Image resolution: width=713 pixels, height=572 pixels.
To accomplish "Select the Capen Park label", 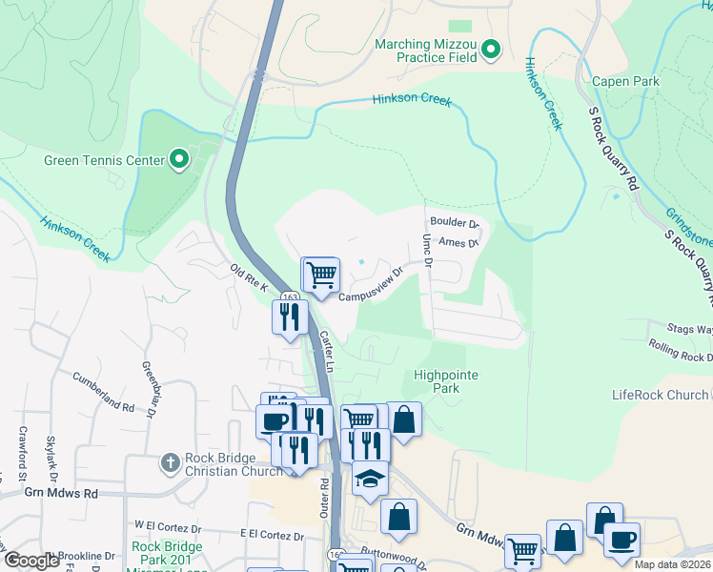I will (x=625, y=82).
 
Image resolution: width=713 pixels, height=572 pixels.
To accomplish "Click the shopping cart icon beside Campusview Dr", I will (x=321, y=275).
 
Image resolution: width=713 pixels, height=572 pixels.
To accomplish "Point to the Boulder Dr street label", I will (x=454, y=224).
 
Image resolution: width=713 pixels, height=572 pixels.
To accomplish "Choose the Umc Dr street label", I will (x=428, y=250).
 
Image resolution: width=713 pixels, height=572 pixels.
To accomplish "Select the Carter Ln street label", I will (x=326, y=351).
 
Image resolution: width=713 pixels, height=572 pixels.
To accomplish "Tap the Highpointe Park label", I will (x=446, y=381).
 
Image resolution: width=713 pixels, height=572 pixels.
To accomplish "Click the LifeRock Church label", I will (x=661, y=395).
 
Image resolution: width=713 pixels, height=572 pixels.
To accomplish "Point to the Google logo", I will (x=32, y=561).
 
